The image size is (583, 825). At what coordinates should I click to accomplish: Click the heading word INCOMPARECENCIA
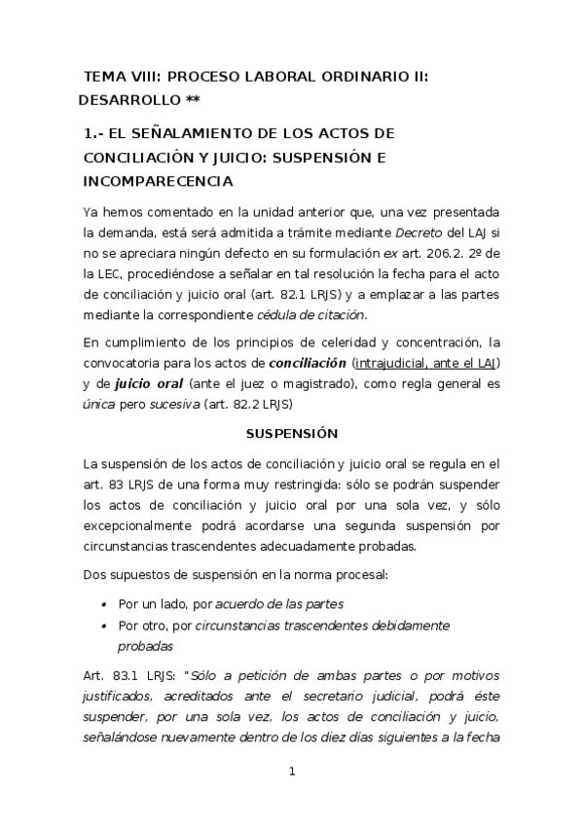[x=158, y=181]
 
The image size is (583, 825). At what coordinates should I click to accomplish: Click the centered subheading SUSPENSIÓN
[x=291, y=435]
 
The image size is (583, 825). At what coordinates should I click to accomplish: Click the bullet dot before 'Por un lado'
[x=104, y=604]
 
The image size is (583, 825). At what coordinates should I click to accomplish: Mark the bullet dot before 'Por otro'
[x=104, y=626]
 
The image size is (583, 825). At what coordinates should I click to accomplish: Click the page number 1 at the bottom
[x=291, y=773]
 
